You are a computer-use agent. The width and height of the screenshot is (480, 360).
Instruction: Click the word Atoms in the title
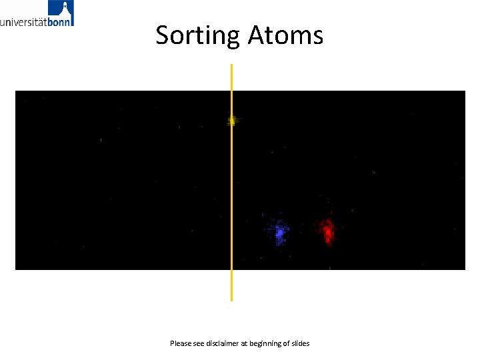pos(285,35)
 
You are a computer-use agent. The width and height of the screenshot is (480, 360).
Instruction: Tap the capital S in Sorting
pos(163,35)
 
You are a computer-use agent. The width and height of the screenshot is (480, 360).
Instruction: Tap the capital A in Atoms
pos(257,35)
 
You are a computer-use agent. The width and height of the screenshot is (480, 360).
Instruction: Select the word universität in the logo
pos(23,21)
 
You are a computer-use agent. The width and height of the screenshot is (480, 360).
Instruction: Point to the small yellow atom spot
pos(232,121)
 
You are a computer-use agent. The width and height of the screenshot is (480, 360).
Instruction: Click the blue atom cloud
pos(279,231)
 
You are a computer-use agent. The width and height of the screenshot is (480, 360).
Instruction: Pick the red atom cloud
pos(327,231)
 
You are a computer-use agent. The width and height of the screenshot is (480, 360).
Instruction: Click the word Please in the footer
pos(180,343)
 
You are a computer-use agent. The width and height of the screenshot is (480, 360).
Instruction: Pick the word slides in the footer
pos(301,343)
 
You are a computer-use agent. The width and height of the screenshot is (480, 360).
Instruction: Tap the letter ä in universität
pos(39,21)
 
